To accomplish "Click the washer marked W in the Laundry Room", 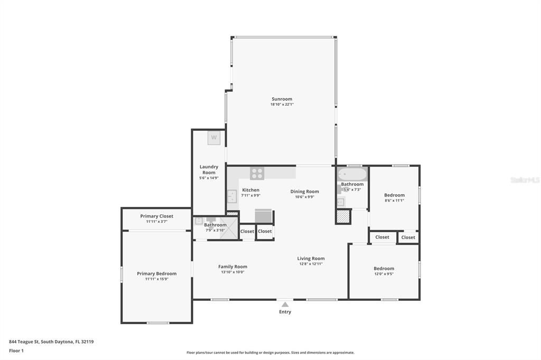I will [214, 138].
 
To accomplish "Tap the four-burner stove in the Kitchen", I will [257, 173].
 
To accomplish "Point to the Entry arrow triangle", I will [285, 304].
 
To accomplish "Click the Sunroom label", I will [282, 99].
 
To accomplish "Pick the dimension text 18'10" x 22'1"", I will [282, 105].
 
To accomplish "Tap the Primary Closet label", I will [156, 216].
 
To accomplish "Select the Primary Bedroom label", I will [156, 273].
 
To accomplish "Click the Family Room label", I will [232, 267].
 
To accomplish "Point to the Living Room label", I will [311, 259].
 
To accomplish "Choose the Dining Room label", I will [305, 192].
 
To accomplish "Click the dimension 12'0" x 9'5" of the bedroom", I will [384, 274].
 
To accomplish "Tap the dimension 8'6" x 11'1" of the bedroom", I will [394, 201].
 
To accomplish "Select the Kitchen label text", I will [250, 190].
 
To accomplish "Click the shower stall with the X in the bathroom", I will [229, 229].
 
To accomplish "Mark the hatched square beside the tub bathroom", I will [344, 216].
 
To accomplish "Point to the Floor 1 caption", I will [16, 350].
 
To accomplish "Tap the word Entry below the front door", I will [285, 312].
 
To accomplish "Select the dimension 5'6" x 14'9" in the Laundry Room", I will [209, 178].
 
